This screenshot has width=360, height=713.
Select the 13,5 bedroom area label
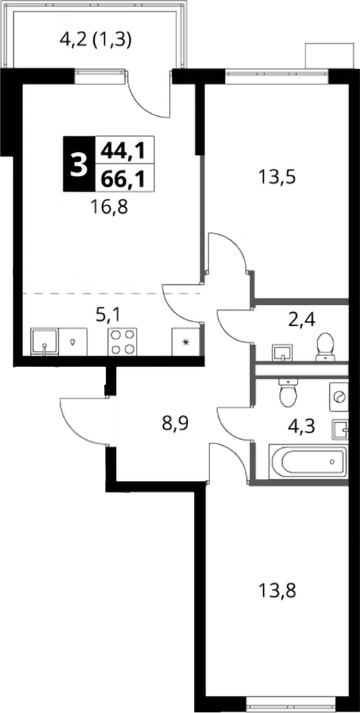point(277,176)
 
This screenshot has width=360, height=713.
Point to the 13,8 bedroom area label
point(277,592)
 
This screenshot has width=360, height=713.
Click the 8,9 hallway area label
point(175,424)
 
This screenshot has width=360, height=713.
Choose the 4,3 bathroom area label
point(302,427)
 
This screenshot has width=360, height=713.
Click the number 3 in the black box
point(79,164)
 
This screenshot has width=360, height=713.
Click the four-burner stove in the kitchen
point(123,341)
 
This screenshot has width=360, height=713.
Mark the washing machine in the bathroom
point(339,397)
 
